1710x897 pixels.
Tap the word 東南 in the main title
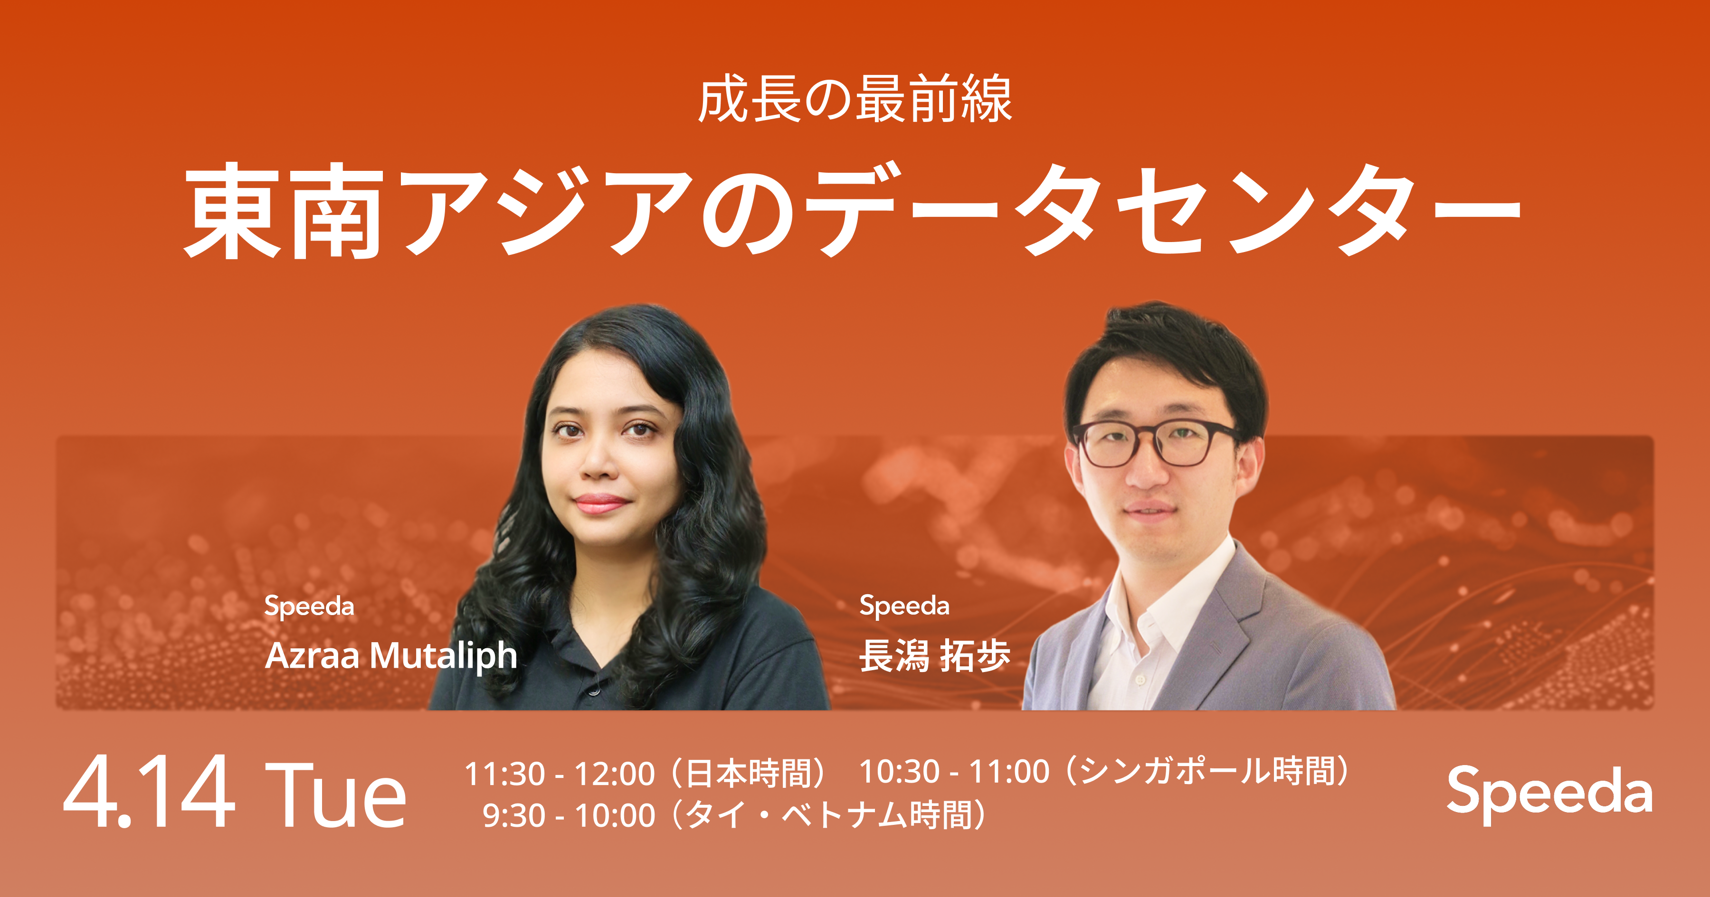click(x=284, y=211)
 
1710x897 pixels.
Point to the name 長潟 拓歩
click(x=935, y=655)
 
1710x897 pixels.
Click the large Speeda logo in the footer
click(x=1549, y=793)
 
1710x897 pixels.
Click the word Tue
click(x=335, y=794)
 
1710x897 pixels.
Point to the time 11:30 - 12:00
click(x=560, y=774)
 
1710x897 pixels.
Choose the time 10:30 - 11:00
click(x=955, y=772)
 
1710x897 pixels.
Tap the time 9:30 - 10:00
click(x=569, y=815)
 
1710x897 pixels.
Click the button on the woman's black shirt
click(x=593, y=692)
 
